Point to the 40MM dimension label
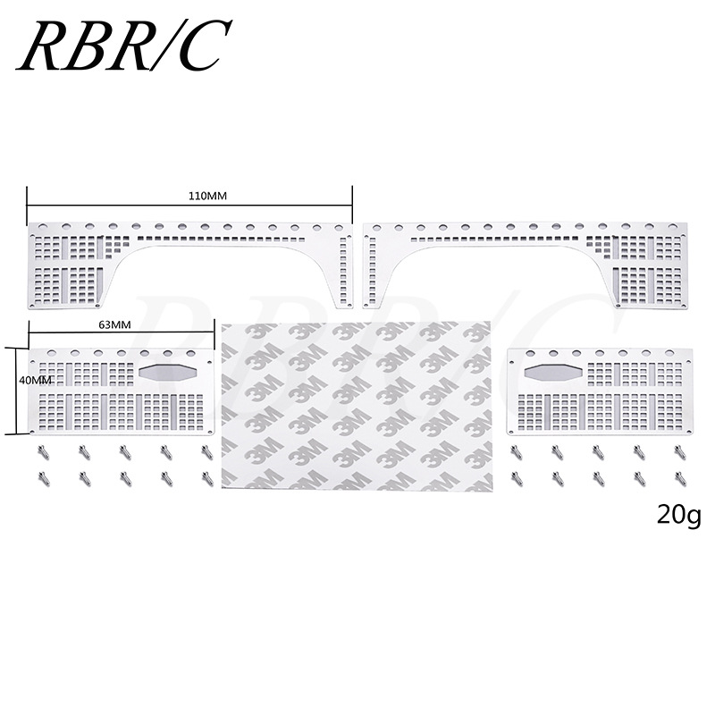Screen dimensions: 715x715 point(16,381)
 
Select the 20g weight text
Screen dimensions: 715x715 point(678,515)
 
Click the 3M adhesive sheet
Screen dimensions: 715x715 point(355,407)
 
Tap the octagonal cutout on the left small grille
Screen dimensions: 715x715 point(167,373)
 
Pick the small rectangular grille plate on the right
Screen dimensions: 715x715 point(599,393)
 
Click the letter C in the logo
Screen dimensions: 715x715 point(201,45)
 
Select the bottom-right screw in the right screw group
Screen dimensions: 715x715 point(679,479)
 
